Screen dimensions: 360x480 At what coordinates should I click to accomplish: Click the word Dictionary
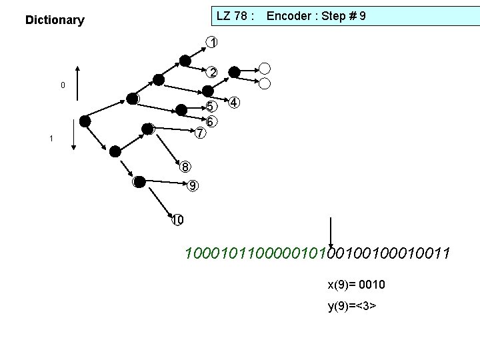point(55,20)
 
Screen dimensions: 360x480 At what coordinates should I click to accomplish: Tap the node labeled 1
point(211,43)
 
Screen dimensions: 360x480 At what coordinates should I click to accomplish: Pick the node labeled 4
point(234,103)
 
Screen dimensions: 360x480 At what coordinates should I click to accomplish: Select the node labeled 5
point(211,107)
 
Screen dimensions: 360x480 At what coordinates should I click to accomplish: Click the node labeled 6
point(210,122)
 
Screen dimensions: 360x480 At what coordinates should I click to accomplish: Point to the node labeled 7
point(199,133)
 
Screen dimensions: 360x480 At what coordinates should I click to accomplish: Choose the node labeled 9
point(192,186)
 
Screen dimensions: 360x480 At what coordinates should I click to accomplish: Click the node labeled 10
point(177,220)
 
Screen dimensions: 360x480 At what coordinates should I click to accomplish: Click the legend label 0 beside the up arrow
point(63,85)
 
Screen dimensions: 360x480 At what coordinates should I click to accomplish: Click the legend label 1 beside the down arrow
point(51,139)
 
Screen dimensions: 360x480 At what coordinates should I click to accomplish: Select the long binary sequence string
point(317,253)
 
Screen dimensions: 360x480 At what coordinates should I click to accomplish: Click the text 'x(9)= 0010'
point(355,285)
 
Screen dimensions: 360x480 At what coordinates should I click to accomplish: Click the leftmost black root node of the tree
point(85,121)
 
